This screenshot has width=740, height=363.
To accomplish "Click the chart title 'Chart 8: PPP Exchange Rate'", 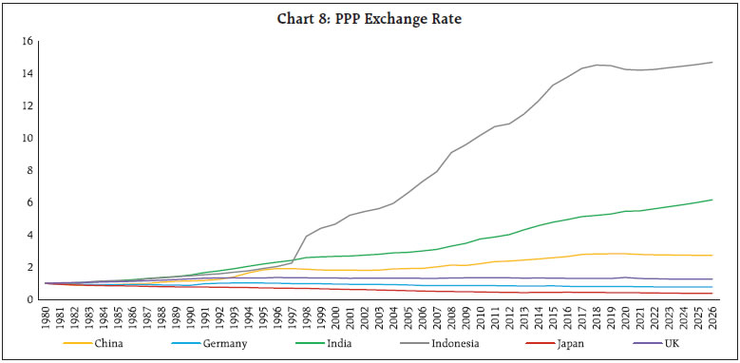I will pyautogui.click(x=370, y=17).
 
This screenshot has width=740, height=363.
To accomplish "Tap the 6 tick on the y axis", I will pyautogui.click(x=29, y=203).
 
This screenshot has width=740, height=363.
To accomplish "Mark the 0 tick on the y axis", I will pyautogui.click(x=29, y=299).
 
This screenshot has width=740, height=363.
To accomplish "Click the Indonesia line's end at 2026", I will pyautogui.click(x=712, y=63).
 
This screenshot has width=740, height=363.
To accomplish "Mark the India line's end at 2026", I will pyautogui.click(x=712, y=200).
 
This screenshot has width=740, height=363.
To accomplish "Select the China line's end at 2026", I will pyautogui.click(x=712, y=256).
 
